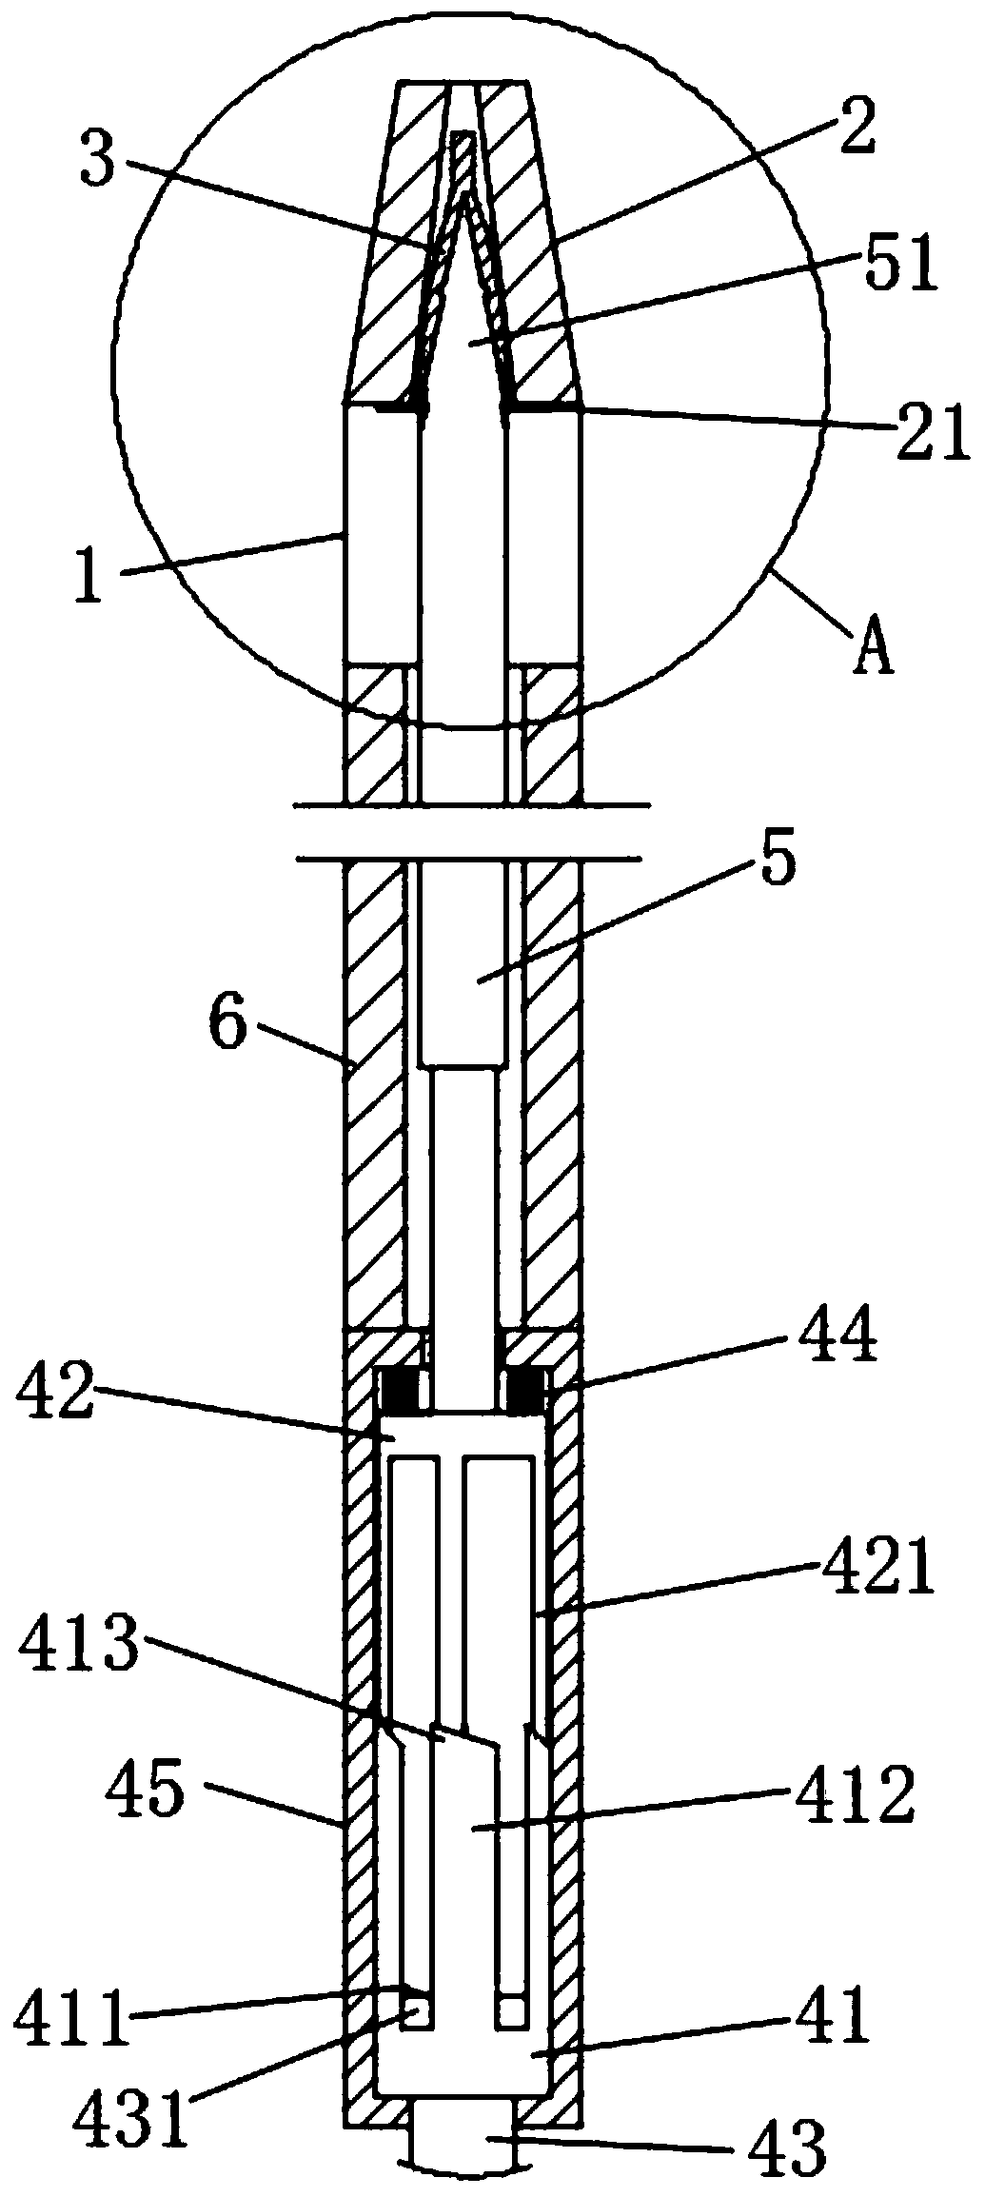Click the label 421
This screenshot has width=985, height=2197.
click(x=877, y=1574)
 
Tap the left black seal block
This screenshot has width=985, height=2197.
click(x=400, y=1389)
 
